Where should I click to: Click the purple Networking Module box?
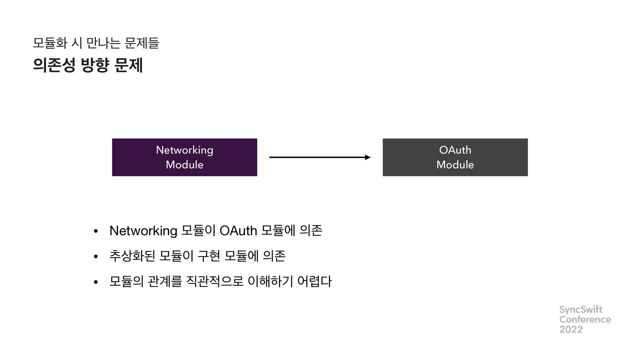tap(184, 157)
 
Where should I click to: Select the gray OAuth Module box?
tap(455, 157)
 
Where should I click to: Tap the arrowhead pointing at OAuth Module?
tap(368, 157)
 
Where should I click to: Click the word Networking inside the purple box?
tap(184, 150)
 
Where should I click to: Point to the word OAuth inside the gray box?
tap(455, 150)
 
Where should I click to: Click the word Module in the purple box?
tap(184, 165)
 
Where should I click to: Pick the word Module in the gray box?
tap(455, 165)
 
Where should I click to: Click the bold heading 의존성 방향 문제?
tap(88, 65)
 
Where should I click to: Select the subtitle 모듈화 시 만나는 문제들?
tap(96, 43)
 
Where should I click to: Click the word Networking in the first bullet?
tap(143, 231)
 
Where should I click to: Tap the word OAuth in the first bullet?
tap(239, 231)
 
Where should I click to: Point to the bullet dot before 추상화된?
tap(96, 257)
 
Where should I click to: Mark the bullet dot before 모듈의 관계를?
tap(96, 282)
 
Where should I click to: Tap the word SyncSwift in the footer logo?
tap(581, 310)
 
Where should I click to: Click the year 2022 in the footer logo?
tap(571, 330)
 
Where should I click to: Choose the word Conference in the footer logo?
tap(585, 320)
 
